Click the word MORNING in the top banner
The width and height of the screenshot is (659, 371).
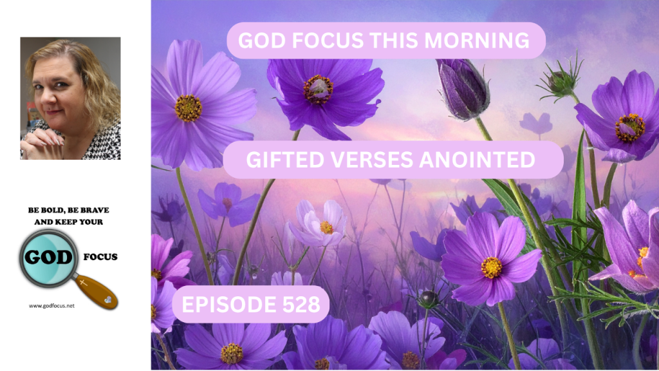coord(477,41)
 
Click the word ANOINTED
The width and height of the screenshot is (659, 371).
coord(477,160)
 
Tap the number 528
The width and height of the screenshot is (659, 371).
coord(301,304)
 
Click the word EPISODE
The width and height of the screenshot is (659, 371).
coord(229,304)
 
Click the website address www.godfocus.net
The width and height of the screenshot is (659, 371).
coord(51,306)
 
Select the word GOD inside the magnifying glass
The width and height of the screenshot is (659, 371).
coord(48,256)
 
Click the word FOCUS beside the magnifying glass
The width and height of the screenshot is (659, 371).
coord(100,256)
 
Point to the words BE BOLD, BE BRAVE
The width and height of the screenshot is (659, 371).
coord(68,210)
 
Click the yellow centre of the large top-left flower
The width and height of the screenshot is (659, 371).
coord(189,108)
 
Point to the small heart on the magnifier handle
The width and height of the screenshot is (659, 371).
coord(108,300)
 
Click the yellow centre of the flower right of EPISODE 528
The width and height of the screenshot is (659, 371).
coord(491,267)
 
